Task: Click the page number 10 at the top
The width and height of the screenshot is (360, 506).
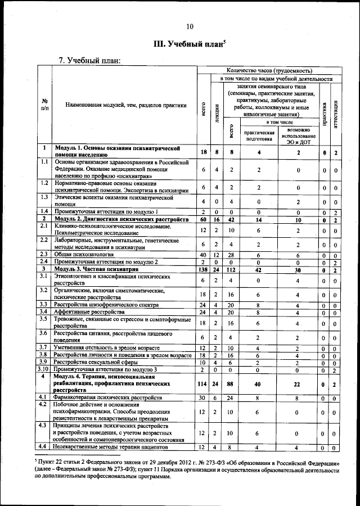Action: tap(190, 26)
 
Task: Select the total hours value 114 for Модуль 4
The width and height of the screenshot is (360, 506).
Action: tap(203, 384)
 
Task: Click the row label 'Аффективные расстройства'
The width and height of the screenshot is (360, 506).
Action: tap(90, 312)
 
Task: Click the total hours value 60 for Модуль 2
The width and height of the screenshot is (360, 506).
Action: tap(203, 219)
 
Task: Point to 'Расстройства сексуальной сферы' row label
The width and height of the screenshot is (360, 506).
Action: tap(98, 362)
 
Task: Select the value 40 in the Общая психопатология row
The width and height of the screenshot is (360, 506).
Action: tap(203, 255)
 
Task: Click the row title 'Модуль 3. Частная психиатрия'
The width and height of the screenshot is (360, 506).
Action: tap(96, 270)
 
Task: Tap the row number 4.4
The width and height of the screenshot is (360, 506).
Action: tap(43, 447)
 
